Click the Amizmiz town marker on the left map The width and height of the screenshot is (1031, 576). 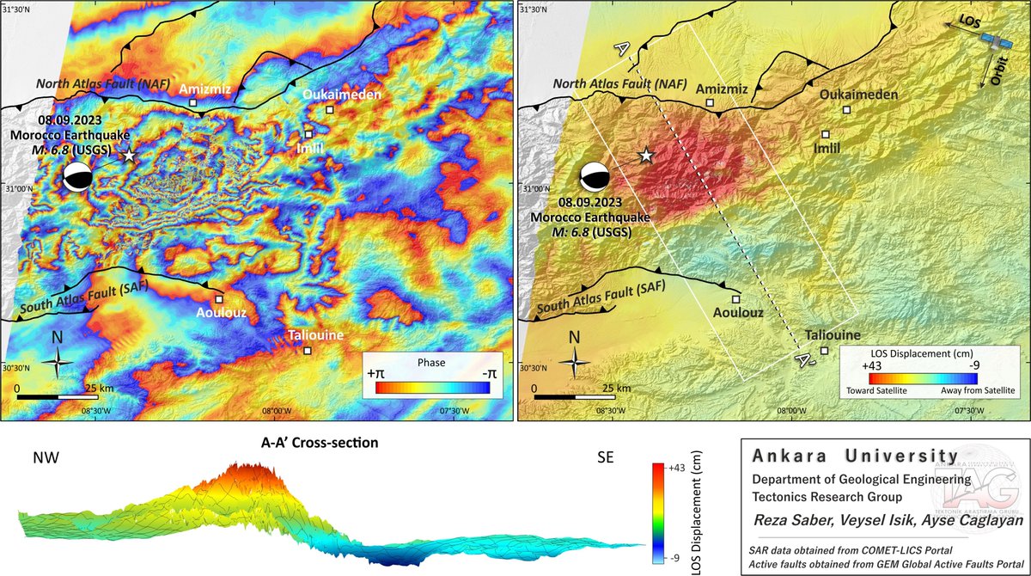193,102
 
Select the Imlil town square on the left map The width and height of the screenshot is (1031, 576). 308,134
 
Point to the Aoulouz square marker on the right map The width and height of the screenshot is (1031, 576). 736,299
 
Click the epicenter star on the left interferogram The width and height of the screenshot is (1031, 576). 129,156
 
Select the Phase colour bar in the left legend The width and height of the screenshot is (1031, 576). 432,388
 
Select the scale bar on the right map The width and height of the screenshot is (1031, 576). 576,398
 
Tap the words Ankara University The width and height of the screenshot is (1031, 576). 855,455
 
